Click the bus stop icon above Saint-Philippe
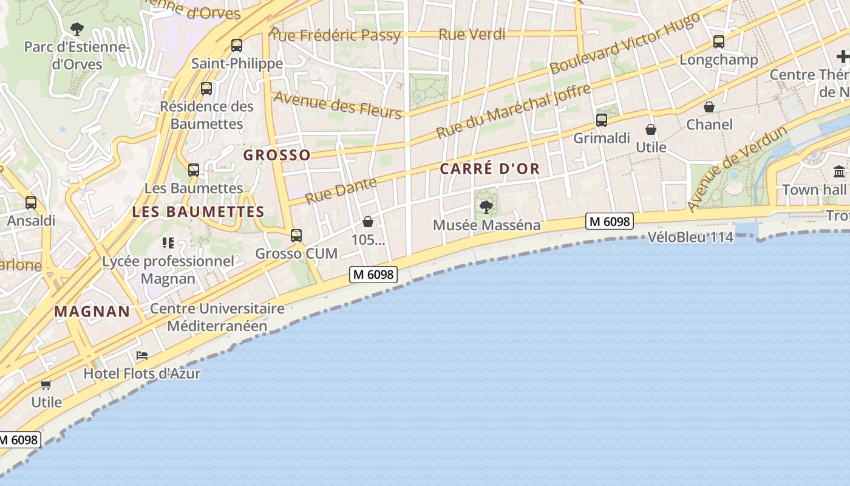point(237,45)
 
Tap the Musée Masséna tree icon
point(486,207)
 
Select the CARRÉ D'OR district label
point(489,169)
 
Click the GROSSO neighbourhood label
point(277,155)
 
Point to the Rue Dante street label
point(341,190)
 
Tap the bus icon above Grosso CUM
point(296,235)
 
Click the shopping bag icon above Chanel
point(709,107)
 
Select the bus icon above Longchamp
point(719,41)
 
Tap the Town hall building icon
point(839,171)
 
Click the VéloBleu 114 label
point(690,237)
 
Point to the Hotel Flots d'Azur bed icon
point(142,355)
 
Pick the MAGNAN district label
point(92,312)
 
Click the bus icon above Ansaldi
point(31,203)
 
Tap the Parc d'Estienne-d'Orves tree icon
point(77,28)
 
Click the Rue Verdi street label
point(472,35)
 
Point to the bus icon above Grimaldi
point(602,120)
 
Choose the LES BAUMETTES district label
point(199,212)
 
